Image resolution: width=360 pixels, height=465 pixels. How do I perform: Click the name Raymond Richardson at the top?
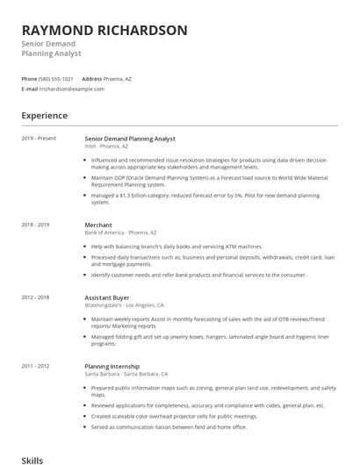(x=104, y=30)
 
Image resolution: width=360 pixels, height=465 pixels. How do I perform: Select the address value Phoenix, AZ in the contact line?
(x=119, y=78)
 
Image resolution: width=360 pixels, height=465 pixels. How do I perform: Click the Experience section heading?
(x=44, y=115)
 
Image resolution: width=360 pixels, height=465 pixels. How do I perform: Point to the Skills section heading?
(x=32, y=458)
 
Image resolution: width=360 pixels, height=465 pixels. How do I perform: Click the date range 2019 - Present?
(x=39, y=139)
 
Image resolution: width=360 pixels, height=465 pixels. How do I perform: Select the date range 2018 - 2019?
(x=35, y=225)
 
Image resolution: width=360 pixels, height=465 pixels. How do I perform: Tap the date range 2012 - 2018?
(x=35, y=297)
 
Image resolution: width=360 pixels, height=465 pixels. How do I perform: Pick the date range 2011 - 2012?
(x=35, y=365)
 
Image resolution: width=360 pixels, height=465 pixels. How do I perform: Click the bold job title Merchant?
(x=99, y=225)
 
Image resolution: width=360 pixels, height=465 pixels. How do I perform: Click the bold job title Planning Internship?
(x=113, y=365)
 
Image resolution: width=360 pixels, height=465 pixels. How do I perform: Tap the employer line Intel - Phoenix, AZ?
(x=106, y=147)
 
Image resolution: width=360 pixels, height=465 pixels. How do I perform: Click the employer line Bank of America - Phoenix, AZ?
(x=120, y=232)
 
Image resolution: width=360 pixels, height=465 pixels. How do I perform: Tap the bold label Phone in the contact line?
(x=29, y=78)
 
